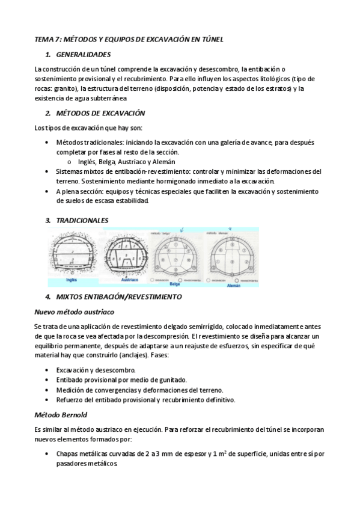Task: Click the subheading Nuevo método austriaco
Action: [x=74, y=312]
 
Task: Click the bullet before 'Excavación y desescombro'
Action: [x=47, y=370]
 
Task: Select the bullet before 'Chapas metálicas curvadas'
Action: [x=47, y=455]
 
